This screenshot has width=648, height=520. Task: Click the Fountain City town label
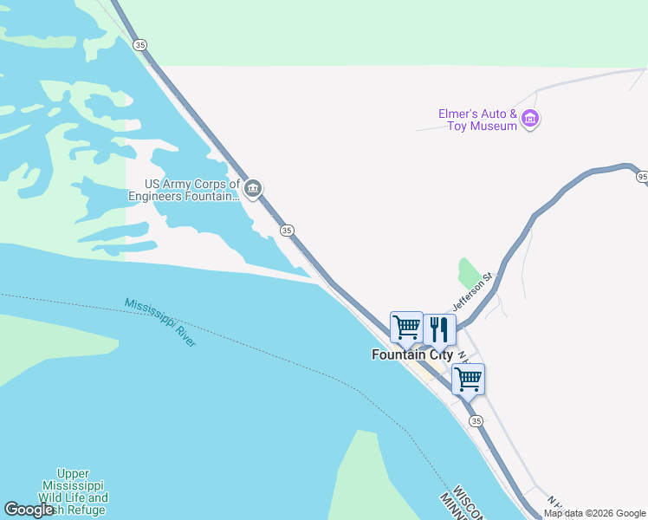tap(412, 354)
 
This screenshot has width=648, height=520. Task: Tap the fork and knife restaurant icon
tap(439, 329)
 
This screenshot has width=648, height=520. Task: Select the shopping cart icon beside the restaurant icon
tap(406, 328)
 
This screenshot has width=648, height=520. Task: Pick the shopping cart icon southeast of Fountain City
tap(468, 379)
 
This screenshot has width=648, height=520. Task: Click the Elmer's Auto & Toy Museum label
tap(478, 120)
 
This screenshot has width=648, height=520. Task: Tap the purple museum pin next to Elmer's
tap(531, 119)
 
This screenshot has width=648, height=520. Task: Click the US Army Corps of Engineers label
tap(184, 190)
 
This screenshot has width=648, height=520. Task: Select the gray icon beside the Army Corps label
tap(253, 189)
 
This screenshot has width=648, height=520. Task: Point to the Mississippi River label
tap(160, 322)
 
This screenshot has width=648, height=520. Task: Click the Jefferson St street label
tap(471, 292)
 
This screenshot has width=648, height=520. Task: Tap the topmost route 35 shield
tap(140, 45)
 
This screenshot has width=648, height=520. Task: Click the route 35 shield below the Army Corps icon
tap(287, 230)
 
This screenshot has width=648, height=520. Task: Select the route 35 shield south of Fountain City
tap(476, 420)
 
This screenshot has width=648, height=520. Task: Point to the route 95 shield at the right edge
tap(642, 177)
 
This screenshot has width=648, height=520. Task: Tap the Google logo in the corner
tap(29, 510)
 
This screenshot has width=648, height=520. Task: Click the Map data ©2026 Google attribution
tap(594, 513)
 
